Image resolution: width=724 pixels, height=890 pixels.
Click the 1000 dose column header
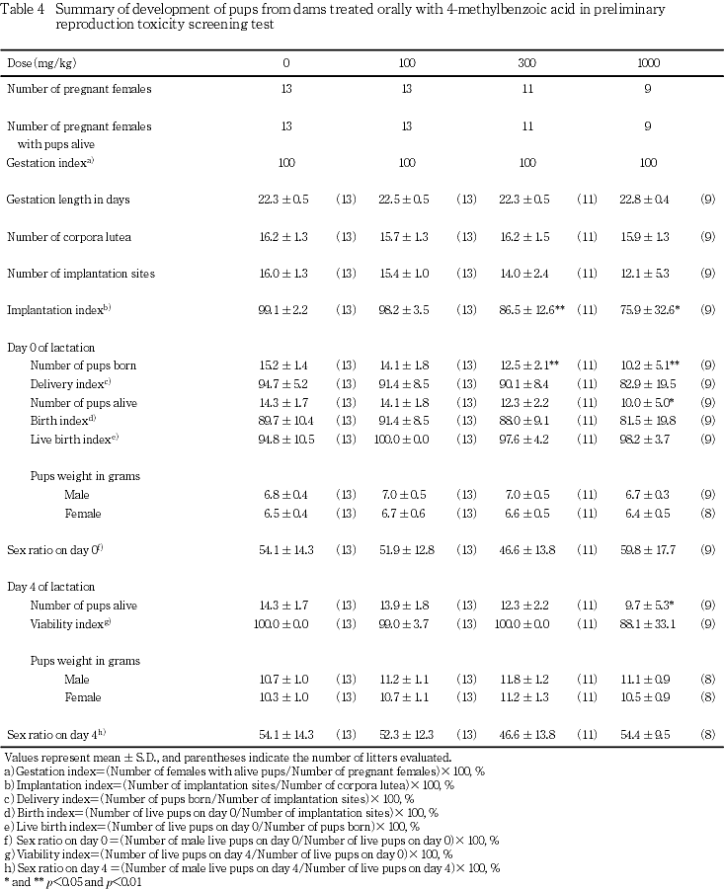[x=648, y=62]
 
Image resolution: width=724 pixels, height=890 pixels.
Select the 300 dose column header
[x=527, y=62]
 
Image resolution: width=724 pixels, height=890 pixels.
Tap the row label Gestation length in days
[x=68, y=199]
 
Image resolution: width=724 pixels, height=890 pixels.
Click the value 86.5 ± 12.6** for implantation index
[x=529, y=309]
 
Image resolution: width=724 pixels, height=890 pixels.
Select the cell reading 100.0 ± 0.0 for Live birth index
[x=403, y=439]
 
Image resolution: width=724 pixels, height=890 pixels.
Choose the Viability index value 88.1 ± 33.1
[x=645, y=623]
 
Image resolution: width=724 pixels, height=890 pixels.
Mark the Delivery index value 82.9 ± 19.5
[x=645, y=384]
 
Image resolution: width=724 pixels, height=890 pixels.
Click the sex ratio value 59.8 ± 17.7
[x=645, y=549]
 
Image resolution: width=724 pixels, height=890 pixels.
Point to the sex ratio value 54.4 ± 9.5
[x=645, y=734]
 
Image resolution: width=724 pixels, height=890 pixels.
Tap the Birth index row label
[x=63, y=421]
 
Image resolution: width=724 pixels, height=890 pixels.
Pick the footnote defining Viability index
[x=228, y=853]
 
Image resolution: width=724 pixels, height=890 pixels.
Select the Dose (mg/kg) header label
[x=38, y=62]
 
